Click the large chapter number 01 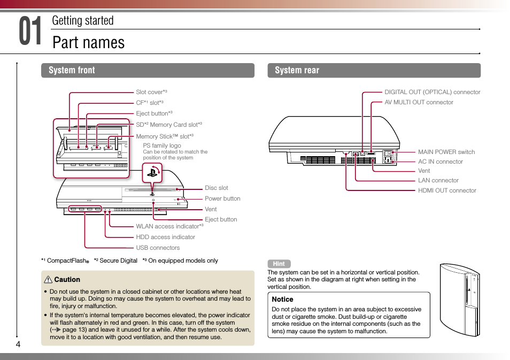(30, 32)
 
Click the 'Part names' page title (89, 42)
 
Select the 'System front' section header (72, 70)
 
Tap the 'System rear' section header (297, 70)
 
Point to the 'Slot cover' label (151, 92)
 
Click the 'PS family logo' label (162, 145)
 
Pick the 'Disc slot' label (216, 188)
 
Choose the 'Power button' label (222, 198)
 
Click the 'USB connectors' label (158, 248)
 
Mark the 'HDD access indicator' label (165, 237)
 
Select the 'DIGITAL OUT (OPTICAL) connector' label (432, 92)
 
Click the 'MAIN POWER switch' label (446, 152)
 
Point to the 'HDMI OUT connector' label (447, 190)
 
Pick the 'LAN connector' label (438, 180)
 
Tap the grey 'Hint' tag (279, 264)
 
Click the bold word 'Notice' (282, 300)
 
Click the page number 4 (18, 344)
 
